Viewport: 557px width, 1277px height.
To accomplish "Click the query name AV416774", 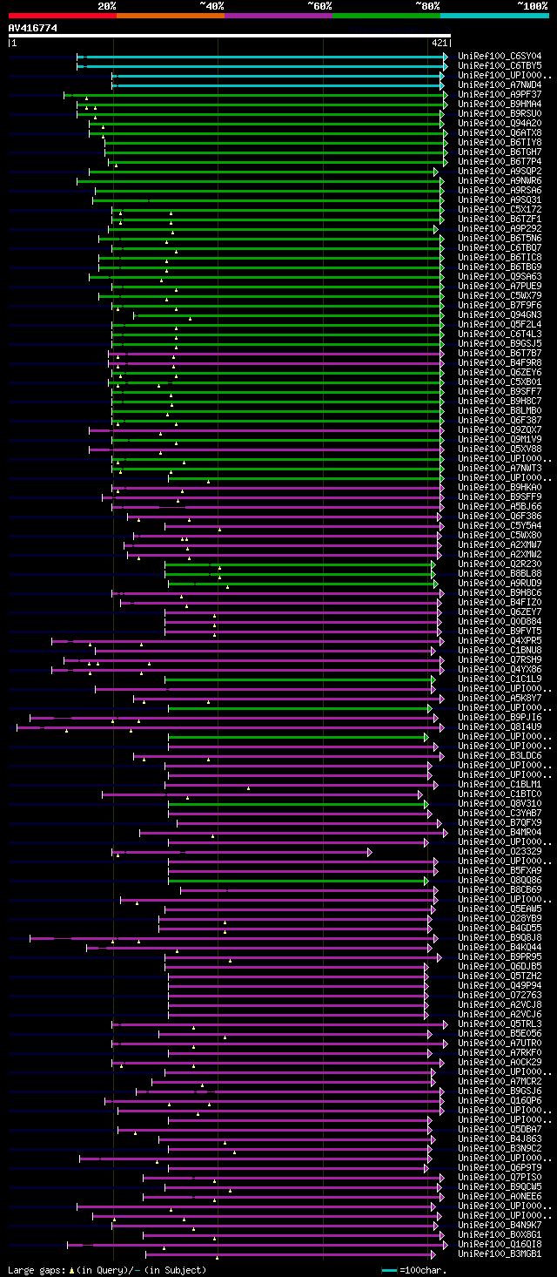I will point(33,28).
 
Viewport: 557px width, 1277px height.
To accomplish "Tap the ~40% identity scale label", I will point(211,5).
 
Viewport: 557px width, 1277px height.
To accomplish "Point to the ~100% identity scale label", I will point(533,5).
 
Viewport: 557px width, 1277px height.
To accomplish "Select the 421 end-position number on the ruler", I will point(439,42).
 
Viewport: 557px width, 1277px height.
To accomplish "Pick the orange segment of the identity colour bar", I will point(170,15).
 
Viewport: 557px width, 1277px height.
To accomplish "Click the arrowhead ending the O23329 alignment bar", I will point(369,852).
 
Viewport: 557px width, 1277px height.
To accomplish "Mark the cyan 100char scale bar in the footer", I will point(389,1270).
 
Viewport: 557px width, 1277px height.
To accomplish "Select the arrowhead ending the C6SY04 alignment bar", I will point(445,57).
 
